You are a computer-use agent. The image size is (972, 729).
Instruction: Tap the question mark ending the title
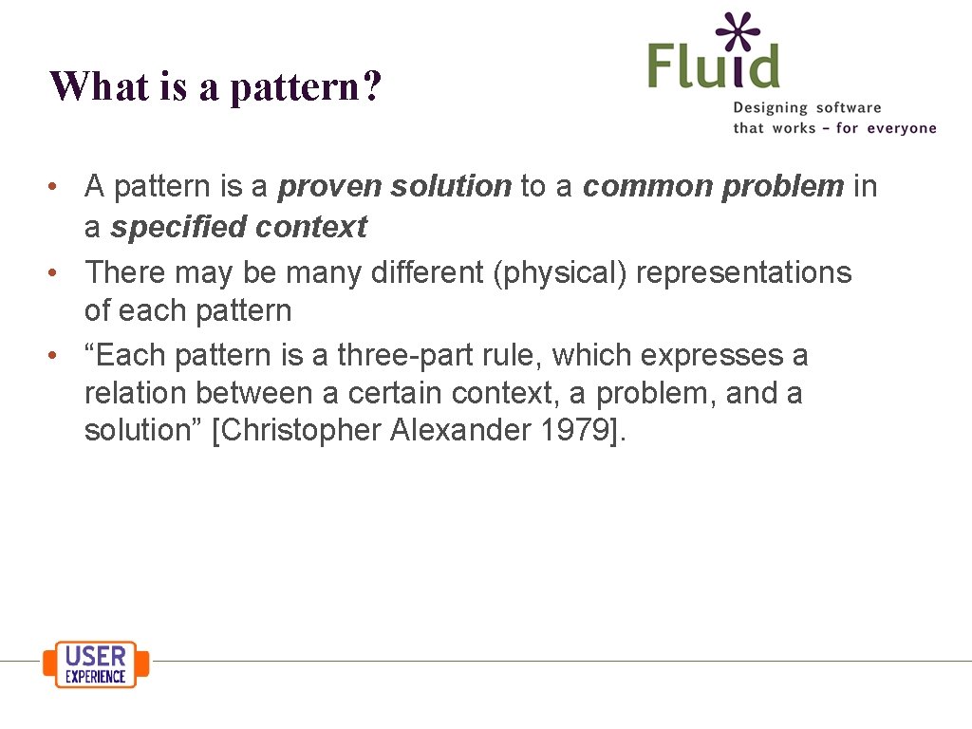pyautogui.click(x=372, y=86)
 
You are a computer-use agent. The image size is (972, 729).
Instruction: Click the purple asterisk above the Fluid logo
pyautogui.click(x=738, y=32)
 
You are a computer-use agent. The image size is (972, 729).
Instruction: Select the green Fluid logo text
pyautogui.click(x=713, y=66)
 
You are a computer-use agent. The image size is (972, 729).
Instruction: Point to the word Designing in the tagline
pyautogui.click(x=770, y=109)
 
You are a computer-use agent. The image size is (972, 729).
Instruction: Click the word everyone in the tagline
pyautogui.click(x=900, y=128)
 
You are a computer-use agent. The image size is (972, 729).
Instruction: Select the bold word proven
pyautogui.click(x=328, y=187)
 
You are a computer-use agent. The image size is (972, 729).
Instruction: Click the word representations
pyautogui.click(x=744, y=272)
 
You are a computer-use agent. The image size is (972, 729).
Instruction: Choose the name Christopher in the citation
pyautogui.click(x=299, y=431)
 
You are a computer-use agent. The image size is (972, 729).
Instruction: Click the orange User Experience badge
pyautogui.click(x=96, y=664)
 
